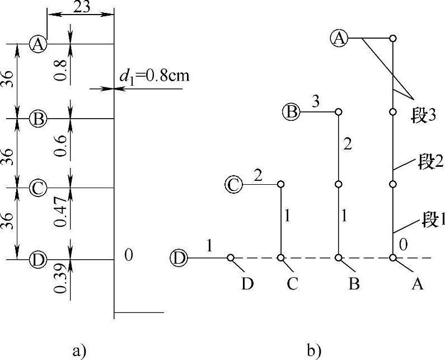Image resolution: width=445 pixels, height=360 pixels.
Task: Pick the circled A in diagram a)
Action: (x=38, y=44)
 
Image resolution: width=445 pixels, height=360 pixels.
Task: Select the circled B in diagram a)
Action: (x=38, y=119)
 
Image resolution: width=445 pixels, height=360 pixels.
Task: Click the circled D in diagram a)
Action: (x=38, y=259)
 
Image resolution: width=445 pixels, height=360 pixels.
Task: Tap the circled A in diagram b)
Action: (x=339, y=38)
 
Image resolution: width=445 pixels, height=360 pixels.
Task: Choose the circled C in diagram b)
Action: (x=234, y=184)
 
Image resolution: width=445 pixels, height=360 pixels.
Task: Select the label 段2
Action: (x=427, y=163)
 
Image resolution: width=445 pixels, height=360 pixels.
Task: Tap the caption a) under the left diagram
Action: (x=80, y=351)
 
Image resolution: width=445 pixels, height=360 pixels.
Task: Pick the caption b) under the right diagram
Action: (x=314, y=351)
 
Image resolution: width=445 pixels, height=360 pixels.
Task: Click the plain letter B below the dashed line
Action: (x=353, y=285)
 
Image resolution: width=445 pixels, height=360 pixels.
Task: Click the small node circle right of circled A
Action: (x=393, y=38)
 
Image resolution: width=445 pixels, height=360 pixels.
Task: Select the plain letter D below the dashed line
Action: (x=248, y=285)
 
